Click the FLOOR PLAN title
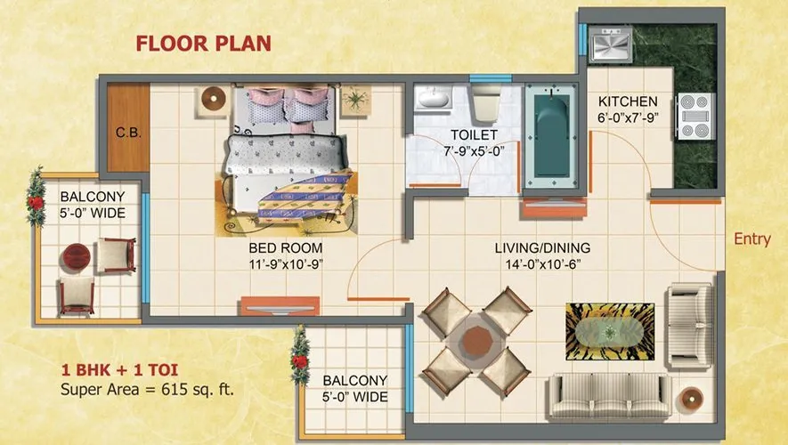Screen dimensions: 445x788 (203, 43)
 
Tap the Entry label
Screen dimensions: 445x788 (751, 239)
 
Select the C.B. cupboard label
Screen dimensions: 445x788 (127, 133)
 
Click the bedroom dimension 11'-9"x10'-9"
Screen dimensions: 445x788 (286, 263)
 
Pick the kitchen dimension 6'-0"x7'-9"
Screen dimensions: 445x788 (628, 117)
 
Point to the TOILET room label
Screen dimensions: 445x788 (473, 134)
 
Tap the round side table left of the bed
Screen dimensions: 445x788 (214, 100)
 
